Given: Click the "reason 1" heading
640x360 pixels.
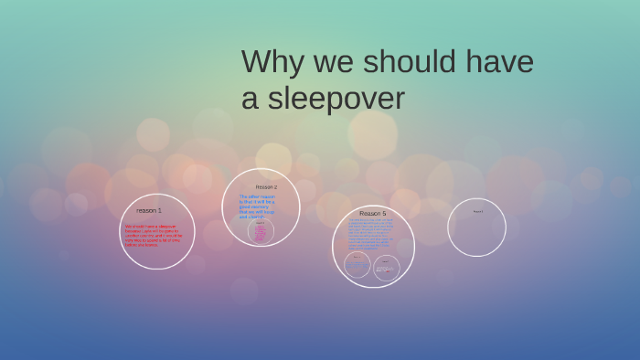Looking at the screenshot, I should (x=149, y=210).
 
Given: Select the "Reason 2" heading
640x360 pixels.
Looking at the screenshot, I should (x=266, y=187).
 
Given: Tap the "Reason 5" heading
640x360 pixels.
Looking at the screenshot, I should (x=372, y=213).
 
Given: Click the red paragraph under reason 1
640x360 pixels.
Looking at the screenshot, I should (x=154, y=236).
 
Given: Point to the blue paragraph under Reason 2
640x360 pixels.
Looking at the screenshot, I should (x=257, y=206).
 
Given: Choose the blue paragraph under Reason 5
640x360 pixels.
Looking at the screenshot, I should (x=371, y=233).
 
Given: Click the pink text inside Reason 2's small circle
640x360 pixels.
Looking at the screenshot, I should (x=261, y=234).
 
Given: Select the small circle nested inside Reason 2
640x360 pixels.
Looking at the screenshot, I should (x=261, y=231).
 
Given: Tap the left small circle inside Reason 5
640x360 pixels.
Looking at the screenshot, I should (x=357, y=265).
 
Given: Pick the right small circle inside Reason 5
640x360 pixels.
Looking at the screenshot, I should (x=386, y=268).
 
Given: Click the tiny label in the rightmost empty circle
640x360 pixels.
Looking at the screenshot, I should (x=477, y=211).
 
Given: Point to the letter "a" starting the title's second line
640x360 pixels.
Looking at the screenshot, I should (x=250, y=99).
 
